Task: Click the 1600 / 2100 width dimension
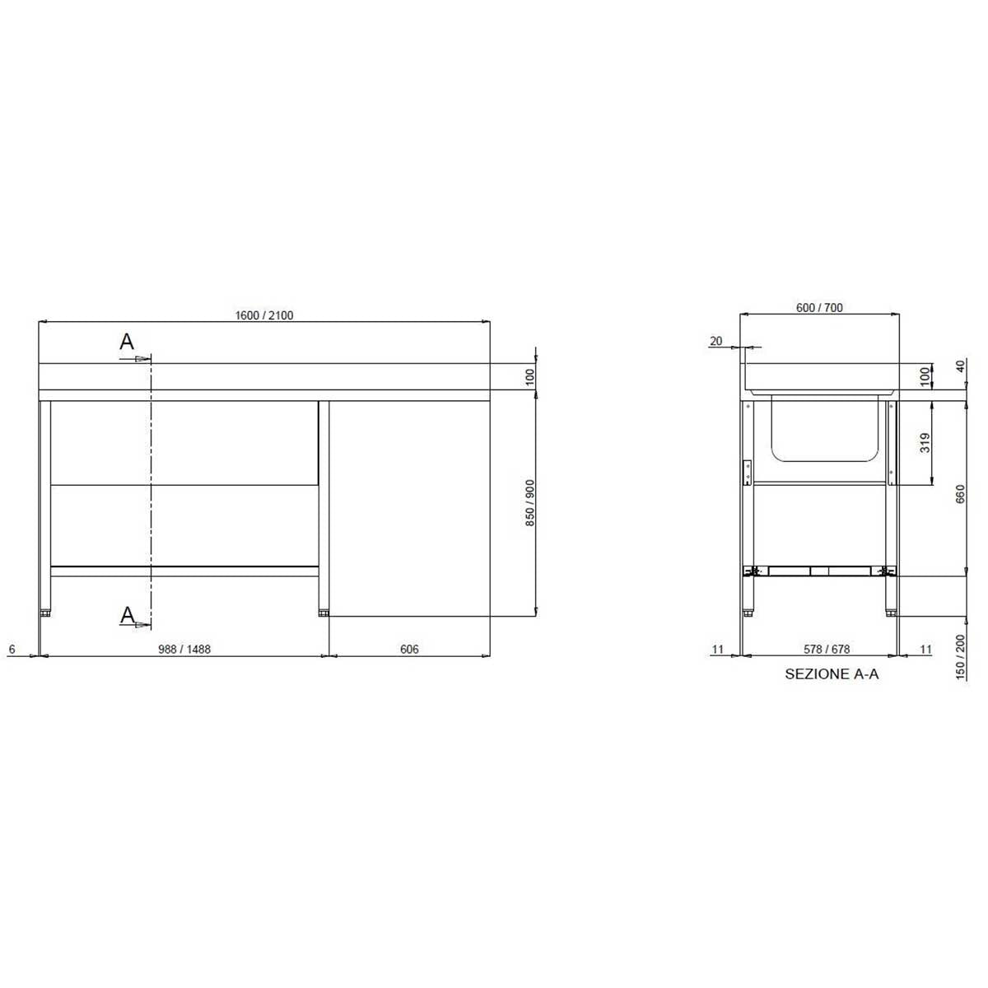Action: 264,315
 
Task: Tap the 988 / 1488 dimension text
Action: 184,649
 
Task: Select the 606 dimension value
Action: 409,649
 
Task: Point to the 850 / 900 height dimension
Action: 530,503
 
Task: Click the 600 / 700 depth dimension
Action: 819,308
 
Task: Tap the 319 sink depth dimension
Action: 925,443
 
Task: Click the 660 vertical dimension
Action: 960,494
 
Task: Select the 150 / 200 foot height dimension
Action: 960,657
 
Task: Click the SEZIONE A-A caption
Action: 832,674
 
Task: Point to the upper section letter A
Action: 127,342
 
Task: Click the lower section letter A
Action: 127,614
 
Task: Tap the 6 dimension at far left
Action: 12,649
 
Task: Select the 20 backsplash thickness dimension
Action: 715,342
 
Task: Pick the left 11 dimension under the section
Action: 718,649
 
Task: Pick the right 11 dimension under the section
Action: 925,649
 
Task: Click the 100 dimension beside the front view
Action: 530,377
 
